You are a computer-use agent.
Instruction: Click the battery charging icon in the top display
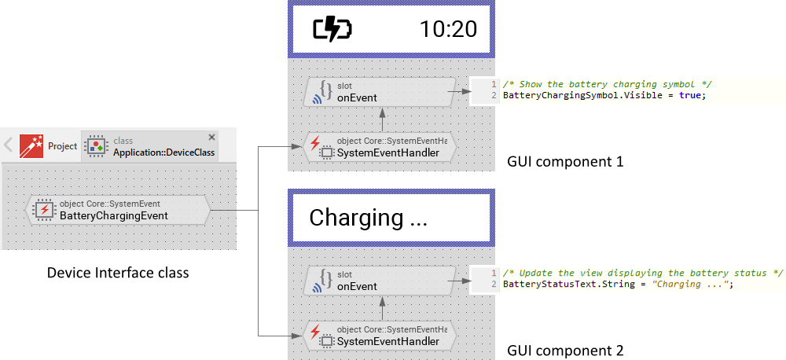coord(332,30)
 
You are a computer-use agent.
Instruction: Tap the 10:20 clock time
coord(448,30)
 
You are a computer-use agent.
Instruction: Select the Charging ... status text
coord(368,218)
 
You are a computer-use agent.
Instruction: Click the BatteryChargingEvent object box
coord(118,210)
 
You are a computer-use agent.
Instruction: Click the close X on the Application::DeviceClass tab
coord(211,137)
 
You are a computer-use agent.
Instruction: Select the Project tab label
coord(63,146)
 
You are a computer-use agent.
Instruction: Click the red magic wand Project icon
coord(31,145)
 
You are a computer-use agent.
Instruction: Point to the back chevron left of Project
coord(8,145)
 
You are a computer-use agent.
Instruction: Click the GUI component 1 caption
coord(565,163)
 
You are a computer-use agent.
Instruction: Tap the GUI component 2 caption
coord(565,351)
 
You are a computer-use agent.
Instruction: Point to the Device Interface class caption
coord(118,273)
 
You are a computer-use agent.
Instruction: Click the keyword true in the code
coord(691,96)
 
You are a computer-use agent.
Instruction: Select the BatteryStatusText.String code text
coord(550,285)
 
